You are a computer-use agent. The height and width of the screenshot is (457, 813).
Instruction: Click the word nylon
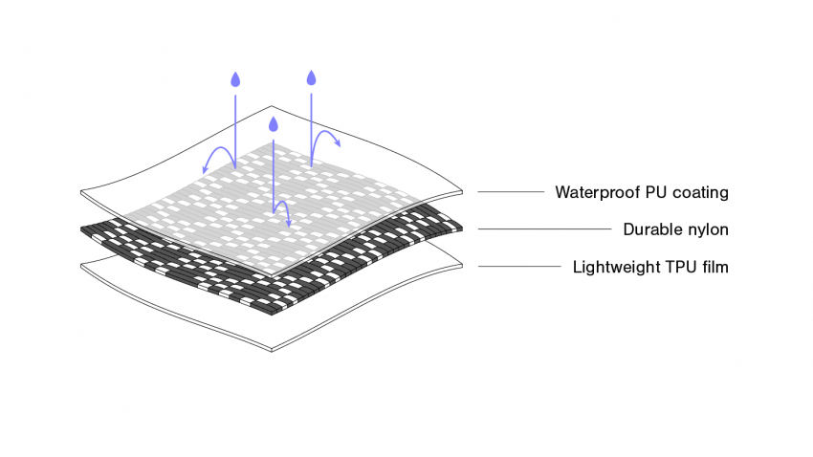(x=708, y=229)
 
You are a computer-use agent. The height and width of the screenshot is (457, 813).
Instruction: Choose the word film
(x=713, y=267)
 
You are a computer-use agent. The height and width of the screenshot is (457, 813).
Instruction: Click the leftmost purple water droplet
(x=234, y=80)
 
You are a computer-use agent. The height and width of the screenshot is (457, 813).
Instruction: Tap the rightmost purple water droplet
(x=311, y=76)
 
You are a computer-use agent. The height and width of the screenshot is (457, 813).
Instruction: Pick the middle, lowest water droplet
(x=274, y=124)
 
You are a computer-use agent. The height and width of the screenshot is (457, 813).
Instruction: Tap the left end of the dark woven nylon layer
(x=86, y=230)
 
